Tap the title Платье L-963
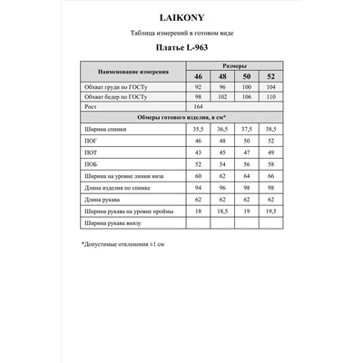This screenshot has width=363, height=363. pyautogui.click(x=181, y=50)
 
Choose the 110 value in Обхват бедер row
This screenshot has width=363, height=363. pyautogui.click(x=269, y=96)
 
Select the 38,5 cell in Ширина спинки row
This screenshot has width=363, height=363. pyautogui.click(x=269, y=130)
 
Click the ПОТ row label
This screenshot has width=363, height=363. pyautogui.click(x=91, y=155)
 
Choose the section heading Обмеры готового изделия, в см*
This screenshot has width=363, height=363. pyautogui.click(x=181, y=117)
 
